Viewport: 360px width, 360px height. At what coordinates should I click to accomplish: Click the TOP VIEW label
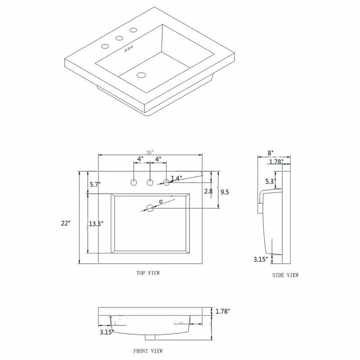[148, 273]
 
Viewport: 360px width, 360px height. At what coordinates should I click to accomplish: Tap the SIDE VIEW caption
[285, 275]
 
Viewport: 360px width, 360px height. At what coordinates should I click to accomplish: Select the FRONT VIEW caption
[148, 351]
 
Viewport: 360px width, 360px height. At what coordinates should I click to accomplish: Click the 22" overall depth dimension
[67, 223]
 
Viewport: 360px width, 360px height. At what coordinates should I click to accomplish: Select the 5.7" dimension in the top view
[94, 184]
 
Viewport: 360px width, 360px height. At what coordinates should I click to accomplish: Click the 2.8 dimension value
[208, 191]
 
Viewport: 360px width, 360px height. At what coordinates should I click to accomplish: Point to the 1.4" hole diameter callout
[176, 178]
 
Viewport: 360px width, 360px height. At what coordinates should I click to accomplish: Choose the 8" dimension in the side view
[271, 153]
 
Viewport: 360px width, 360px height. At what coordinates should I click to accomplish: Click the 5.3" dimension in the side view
[270, 182]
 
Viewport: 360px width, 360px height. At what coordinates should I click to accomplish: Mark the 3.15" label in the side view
[261, 259]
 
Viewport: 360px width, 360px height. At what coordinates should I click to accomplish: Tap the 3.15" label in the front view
[107, 332]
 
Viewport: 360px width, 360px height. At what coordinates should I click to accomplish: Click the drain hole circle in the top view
[150, 208]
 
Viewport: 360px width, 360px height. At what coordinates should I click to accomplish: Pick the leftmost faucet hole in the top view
[134, 183]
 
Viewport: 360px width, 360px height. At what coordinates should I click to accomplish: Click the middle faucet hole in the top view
[150, 183]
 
